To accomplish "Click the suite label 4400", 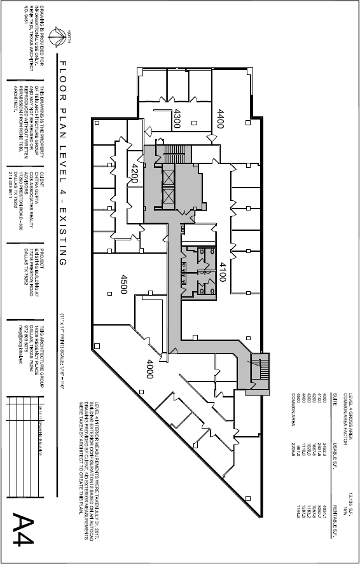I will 221,118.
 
